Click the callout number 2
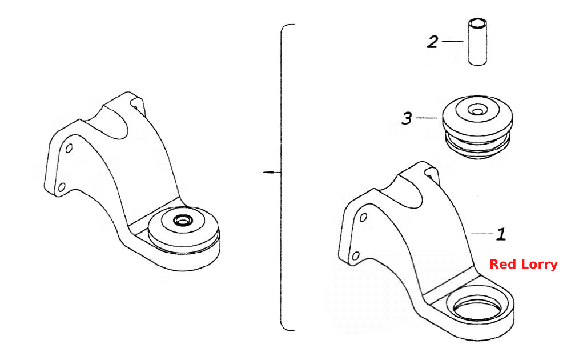coord(432,42)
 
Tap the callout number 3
coord(407,118)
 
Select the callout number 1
coord(501,234)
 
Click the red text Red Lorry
coord(523,264)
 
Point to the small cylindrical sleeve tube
coord(478,42)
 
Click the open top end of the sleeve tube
coord(478,25)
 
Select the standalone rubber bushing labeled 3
coord(477,127)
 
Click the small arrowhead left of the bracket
coord(268,172)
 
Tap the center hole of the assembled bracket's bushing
coord(182,220)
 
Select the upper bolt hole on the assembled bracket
coord(69,149)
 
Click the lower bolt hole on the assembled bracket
coord(62,187)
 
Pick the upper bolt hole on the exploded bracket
coord(363,218)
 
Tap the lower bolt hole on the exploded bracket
coord(356,256)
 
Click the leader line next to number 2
coord(452,42)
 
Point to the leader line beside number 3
coord(427,118)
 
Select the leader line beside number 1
coord(482,233)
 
